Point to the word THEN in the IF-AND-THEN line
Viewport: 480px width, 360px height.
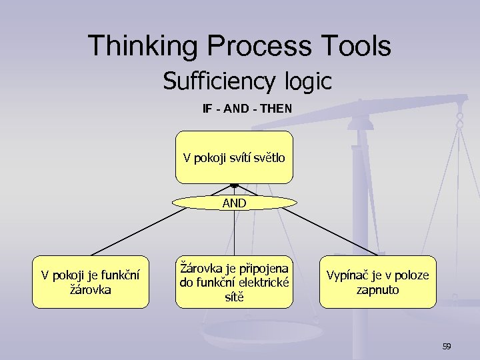pos(277,107)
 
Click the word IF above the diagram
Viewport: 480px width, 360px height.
pos(207,107)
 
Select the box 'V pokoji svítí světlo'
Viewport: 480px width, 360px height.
pos(234,157)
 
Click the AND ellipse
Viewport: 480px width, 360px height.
pos(234,203)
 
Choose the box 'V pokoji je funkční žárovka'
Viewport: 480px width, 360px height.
pos(91,282)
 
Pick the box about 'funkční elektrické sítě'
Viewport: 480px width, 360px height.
pos(234,282)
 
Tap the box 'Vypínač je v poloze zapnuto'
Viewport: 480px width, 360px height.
pos(377,282)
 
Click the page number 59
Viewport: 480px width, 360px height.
pos(447,346)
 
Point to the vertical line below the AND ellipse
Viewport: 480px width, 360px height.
pos(234,233)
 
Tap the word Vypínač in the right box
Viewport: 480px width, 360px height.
pos(345,275)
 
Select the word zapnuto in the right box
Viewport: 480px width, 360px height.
pos(377,290)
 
